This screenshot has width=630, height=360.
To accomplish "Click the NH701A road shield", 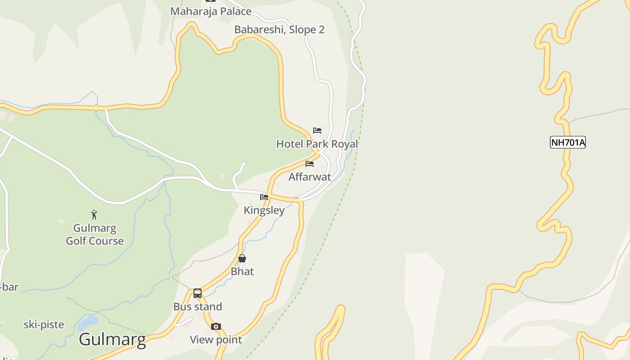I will [567, 143].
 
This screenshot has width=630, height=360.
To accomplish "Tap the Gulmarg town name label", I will [112, 339].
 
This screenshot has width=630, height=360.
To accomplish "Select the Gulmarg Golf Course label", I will [94, 234].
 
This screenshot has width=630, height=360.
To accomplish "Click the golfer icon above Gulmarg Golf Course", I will [94, 215].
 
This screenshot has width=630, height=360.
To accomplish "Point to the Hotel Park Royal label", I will [317, 144].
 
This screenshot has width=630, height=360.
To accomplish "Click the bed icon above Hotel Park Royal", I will [317, 130].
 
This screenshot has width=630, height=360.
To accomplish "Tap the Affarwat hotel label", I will [310, 177].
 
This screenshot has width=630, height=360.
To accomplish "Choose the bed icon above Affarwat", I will [310, 164].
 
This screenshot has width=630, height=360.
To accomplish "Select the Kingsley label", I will [264, 210].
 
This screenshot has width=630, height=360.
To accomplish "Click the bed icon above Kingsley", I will [264, 197].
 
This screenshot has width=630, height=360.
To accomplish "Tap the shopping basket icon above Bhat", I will [242, 258].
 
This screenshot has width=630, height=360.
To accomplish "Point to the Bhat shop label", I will [242, 271].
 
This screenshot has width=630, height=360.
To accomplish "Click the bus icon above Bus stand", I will [198, 293].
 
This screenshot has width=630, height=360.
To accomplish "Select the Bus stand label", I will [198, 306].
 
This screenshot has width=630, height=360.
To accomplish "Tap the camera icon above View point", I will [216, 327].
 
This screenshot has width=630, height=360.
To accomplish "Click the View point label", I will [216, 340].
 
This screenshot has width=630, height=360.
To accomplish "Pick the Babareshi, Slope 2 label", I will [279, 30].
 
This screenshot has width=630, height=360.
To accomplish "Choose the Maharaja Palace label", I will [211, 11].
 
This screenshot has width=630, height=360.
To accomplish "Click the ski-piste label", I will [44, 324].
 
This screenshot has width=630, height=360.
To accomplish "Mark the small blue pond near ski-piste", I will [87, 322].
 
